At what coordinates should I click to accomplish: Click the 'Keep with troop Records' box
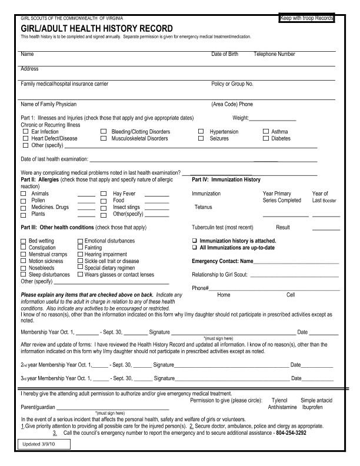tap(307, 19)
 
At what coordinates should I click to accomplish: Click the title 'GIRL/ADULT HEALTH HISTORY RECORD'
tap(97, 29)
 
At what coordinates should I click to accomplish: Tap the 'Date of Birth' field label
tap(225, 54)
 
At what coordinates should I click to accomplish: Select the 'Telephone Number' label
tap(274, 54)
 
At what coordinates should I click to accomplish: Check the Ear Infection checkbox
tap(25, 132)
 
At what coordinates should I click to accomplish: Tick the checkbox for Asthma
tap(265, 132)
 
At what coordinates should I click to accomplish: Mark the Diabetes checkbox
tap(265, 138)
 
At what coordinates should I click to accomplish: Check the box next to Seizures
tap(201, 138)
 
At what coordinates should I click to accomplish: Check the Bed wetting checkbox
tap(24, 241)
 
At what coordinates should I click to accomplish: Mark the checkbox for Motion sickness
tap(24, 261)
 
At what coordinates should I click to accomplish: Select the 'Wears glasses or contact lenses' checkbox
tap(80, 274)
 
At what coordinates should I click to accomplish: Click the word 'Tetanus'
tap(203, 207)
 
